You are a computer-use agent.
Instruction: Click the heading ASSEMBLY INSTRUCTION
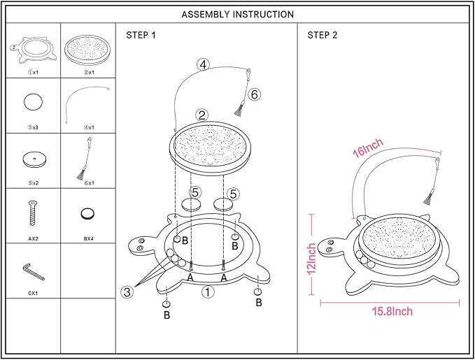click(237, 14)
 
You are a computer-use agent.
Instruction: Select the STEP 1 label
click(141, 35)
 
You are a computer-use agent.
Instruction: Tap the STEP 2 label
click(322, 35)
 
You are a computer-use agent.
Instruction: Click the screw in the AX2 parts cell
click(32, 213)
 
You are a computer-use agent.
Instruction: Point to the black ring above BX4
click(88, 213)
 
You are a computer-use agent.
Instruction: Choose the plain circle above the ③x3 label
click(33, 102)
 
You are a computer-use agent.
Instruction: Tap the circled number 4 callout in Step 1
click(202, 65)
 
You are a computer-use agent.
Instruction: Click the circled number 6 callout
click(255, 94)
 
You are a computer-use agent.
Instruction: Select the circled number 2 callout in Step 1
click(201, 115)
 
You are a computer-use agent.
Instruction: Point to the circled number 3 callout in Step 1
click(127, 292)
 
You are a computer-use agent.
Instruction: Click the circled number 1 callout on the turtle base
click(208, 292)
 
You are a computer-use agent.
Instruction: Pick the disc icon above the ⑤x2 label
click(33, 159)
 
